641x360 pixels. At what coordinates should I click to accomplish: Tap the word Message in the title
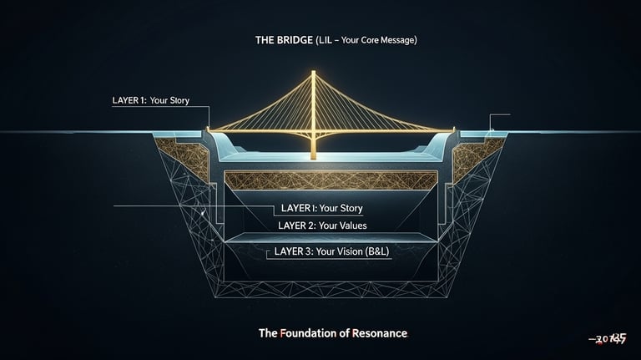click(400, 40)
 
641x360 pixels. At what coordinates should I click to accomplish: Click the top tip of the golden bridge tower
click(314, 72)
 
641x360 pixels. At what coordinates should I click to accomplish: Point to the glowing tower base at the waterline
click(314, 155)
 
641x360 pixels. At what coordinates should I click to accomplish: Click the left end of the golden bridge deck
click(209, 130)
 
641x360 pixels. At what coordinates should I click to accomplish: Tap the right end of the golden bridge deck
click(452, 130)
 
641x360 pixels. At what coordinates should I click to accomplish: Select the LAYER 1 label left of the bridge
click(150, 100)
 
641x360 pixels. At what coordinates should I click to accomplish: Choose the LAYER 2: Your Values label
click(321, 226)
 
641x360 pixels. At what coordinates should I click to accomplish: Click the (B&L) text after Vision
click(381, 251)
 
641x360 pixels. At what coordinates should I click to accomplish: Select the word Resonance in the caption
click(380, 333)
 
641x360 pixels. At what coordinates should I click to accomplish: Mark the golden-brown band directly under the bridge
click(331, 180)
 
